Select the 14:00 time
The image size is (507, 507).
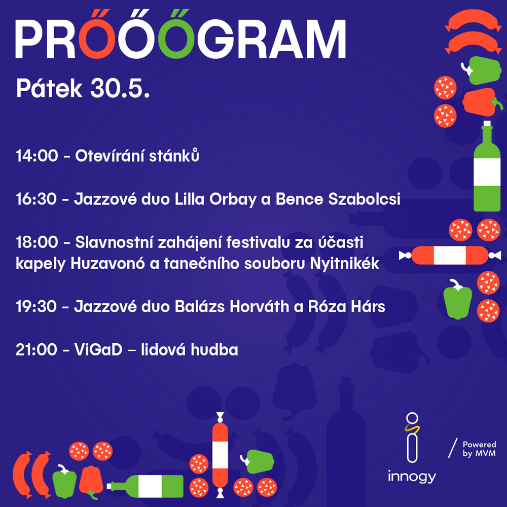point(37,156)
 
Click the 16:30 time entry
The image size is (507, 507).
point(36,199)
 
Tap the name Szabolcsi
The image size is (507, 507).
point(365,199)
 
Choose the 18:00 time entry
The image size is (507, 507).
point(37,242)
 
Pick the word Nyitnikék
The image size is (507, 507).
point(344,264)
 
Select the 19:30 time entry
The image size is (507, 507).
point(36,307)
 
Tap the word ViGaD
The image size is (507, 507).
point(98,349)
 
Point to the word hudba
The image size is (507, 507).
point(214,349)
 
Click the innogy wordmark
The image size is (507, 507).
point(412,477)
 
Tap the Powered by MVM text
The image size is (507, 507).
point(479,449)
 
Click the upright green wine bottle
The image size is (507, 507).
point(487,166)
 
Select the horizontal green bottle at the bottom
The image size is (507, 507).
point(145,486)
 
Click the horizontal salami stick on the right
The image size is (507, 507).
point(450,255)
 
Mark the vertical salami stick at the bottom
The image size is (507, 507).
point(220,455)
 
